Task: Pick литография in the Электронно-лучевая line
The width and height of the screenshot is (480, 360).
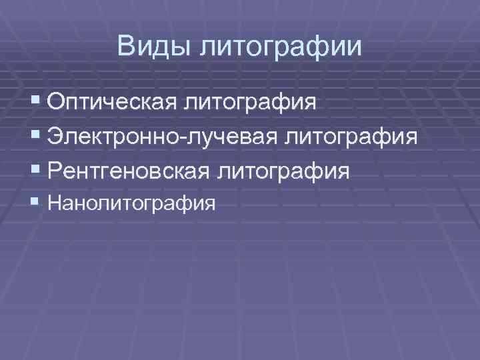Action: tap(351, 139)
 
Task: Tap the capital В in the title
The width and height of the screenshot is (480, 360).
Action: tap(125, 46)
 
